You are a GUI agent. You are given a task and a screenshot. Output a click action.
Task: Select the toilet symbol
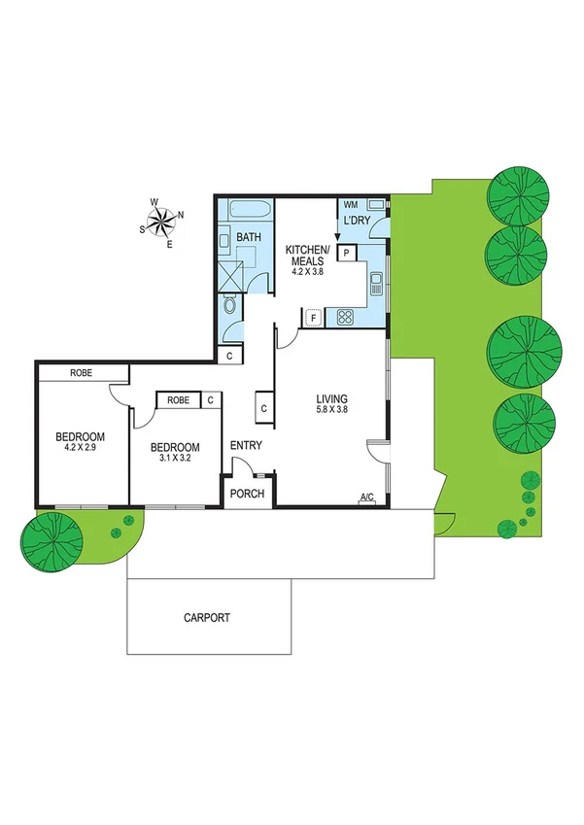tap(228, 306)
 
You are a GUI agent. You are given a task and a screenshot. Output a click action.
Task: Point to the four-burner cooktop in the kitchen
tap(345, 316)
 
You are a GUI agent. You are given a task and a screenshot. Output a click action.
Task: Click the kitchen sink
tap(376, 286)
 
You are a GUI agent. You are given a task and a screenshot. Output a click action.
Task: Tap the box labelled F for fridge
tap(313, 317)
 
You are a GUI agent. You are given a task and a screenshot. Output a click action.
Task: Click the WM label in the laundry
tap(350, 206)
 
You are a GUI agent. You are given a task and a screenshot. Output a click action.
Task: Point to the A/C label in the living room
tap(367, 498)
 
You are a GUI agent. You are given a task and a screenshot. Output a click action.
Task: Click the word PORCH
tap(247, 494)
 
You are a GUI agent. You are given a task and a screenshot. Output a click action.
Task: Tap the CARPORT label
tap(207, 618)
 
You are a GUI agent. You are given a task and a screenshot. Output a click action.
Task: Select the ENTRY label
tap(245, 446)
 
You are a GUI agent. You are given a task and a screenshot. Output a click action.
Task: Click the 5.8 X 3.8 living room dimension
tap(331, 412)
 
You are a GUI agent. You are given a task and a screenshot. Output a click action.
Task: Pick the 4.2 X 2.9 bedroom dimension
tap(80, 449)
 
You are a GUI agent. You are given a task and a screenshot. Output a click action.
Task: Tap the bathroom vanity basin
tap(223, 238)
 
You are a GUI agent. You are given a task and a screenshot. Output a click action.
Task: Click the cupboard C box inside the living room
tap(262, 408)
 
